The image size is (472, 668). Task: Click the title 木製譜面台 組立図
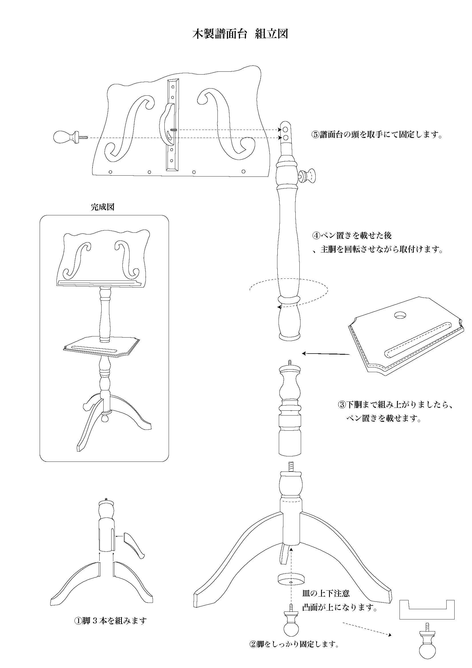[240, 34]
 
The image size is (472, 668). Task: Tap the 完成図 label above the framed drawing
[102, 207]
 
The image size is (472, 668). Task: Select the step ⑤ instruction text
[377, 135]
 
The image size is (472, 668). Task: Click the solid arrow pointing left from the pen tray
[326, 354]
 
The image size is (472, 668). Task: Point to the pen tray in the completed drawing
[102, 347]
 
